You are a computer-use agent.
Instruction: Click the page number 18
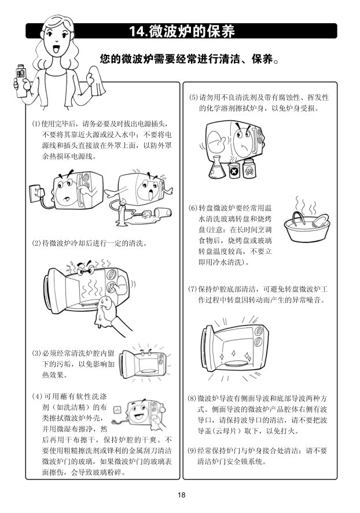point(181,495)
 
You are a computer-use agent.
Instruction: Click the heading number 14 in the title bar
point(137,31)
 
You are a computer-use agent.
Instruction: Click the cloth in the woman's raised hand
point(97,81)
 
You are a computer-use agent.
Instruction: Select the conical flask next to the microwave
point(217,167)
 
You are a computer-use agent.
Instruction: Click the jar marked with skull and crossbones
point(249,169)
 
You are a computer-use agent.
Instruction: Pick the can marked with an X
point(234,170)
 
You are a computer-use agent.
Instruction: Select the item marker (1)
point(36,124)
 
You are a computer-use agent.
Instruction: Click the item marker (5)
point(194,98)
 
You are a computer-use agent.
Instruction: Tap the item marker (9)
point(192,451)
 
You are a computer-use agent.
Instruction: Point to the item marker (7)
point(192,289)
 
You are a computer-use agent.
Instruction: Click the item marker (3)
point(36,353)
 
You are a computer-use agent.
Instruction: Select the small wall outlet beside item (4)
point(117,409)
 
